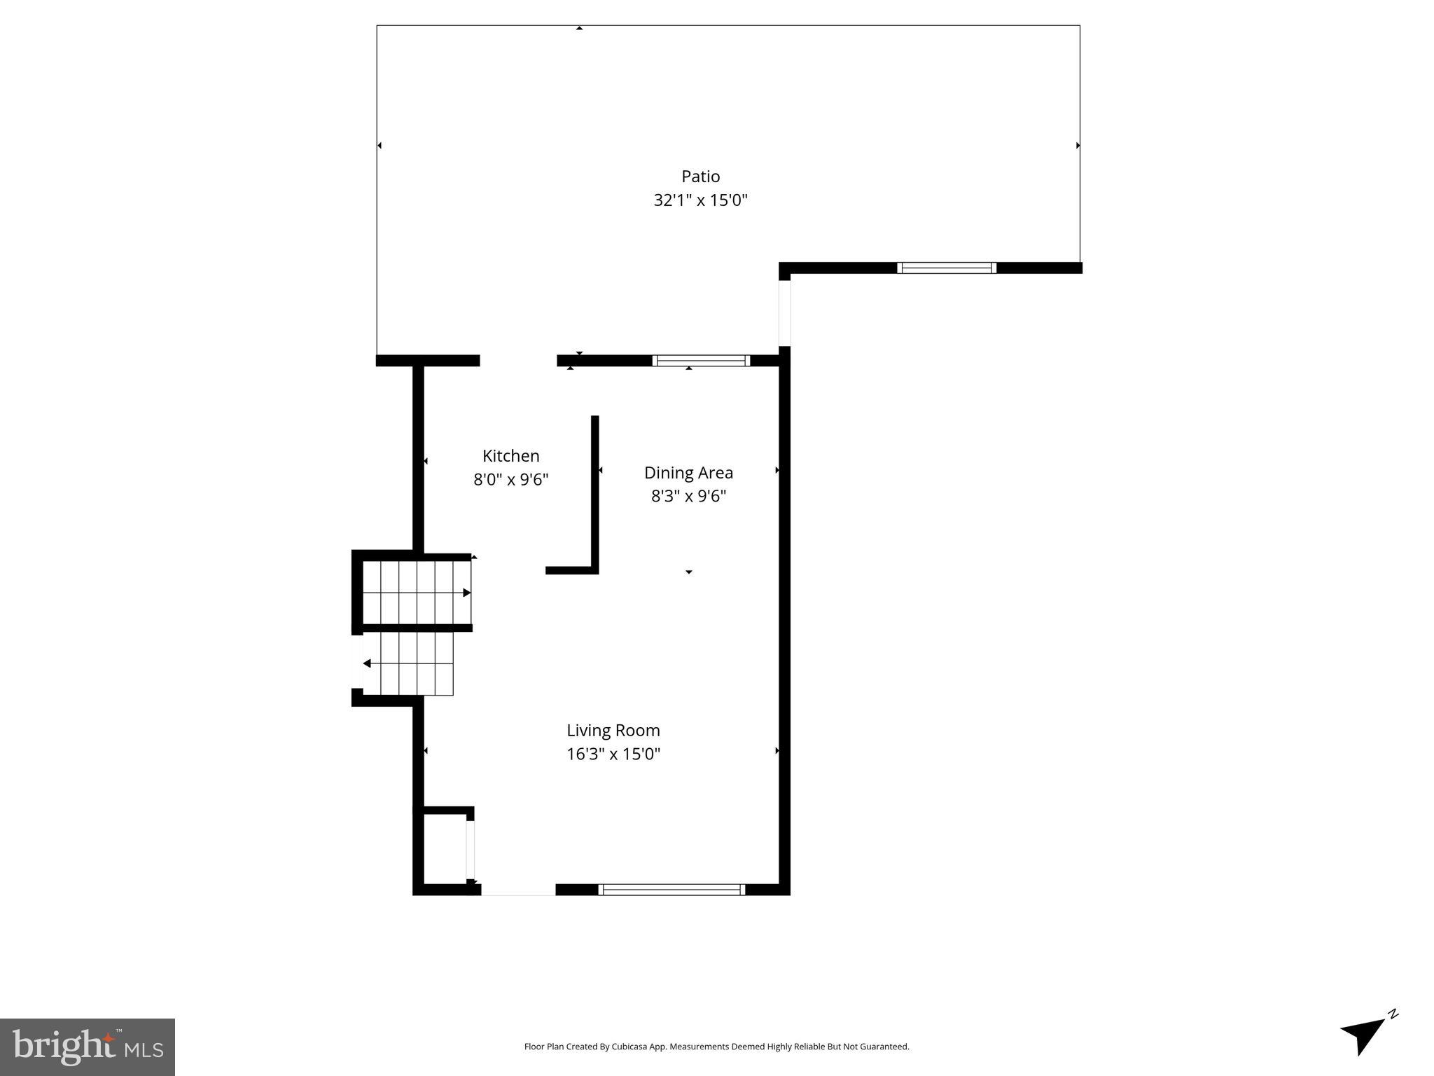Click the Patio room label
click(x=700, y=177)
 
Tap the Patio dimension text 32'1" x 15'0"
click(x=700, y=200)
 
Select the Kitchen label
click(x=510, y=456)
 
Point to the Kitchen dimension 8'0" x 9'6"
click(x=510, y=480)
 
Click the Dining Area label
click(x=688, y=473)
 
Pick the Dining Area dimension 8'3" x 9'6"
click(x=688, y=497)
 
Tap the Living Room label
click(x=613, y=731)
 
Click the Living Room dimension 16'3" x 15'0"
click(x=613, y=754)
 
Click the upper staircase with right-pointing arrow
click(x=417, y=592)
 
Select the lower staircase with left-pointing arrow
click(x=408, y=663)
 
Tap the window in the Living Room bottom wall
click(x=672, y=890)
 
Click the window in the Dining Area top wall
click(x=701, y=361)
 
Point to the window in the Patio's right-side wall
click(x=947, y=268)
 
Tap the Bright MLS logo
click(x=88, y=1047)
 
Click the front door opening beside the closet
click(x=518, y=890)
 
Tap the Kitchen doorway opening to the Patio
click(x=518, y=361)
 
